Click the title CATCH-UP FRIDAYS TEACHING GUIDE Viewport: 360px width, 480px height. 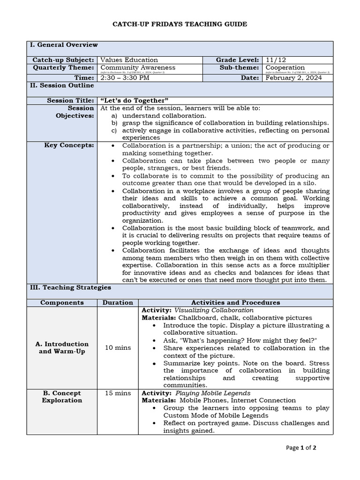pos(180,24)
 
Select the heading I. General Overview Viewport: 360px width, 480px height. pos(64,45)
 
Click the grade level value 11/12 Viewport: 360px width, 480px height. pos(276,60)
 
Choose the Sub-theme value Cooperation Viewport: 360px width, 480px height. pos(285,67)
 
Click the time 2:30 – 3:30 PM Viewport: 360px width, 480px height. pos(125,78)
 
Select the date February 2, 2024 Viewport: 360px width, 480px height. pos(293,78)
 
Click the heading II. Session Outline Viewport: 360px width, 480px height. pos(62,86)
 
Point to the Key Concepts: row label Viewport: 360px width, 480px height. pos(69,146)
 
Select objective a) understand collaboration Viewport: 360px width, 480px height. pos(164,115)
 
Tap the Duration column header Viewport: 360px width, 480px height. pos(118,303)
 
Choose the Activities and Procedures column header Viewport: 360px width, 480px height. pos(236,303)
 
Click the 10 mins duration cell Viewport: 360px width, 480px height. pos(118,348)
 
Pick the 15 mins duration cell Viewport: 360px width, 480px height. pos(118,393)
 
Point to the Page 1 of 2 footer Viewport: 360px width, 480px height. pos(301,448)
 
